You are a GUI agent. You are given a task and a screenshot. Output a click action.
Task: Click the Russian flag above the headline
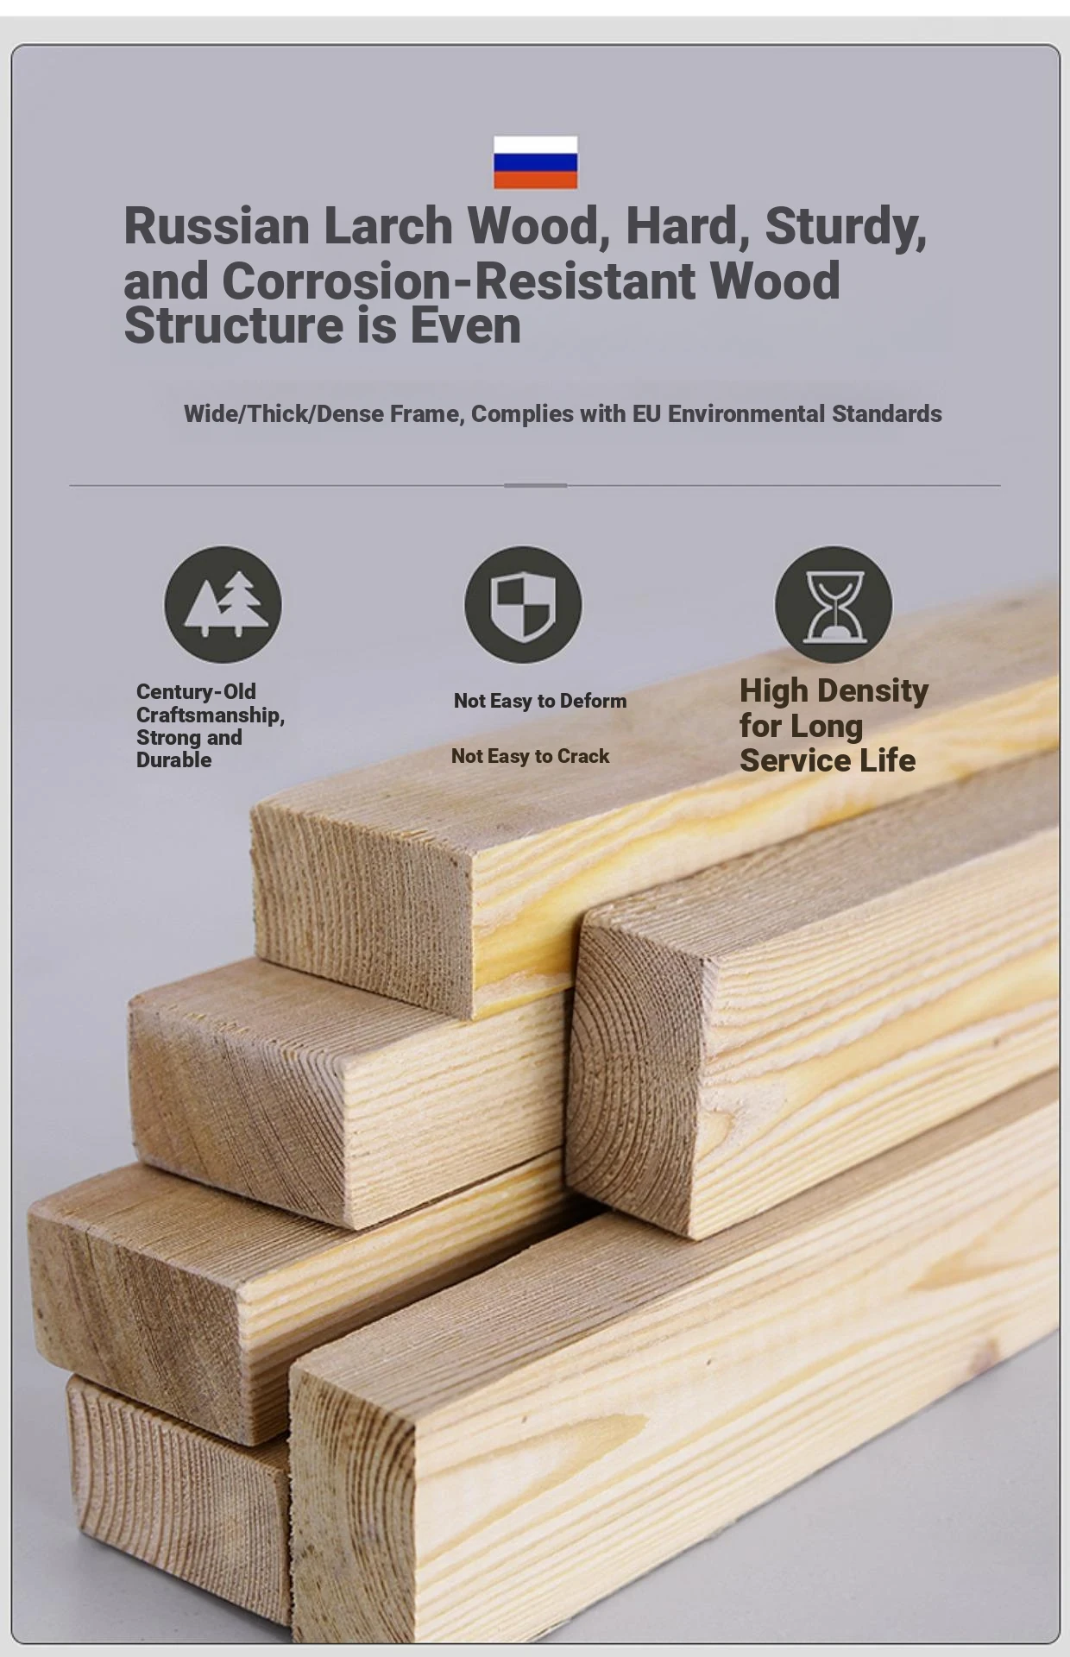pos(535,162)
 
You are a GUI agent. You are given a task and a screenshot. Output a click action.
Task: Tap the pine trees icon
pos(223,604)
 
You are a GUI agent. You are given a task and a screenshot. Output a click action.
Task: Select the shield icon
pos(523,604)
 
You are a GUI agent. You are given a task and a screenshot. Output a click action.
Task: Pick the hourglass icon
pos(834,604)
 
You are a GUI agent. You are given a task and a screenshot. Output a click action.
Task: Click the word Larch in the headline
pos(388,226)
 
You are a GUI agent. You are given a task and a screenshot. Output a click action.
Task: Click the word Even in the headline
pos(465,326)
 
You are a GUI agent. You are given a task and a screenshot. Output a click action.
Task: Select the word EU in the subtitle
pos(647,414)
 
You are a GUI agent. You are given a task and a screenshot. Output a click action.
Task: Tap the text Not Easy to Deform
pos(540,701)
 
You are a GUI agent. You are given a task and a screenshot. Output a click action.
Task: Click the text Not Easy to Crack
pos(531,756)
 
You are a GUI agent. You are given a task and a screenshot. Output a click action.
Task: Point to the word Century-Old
pos(196,691)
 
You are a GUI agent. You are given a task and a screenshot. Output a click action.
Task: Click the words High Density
pos(834,690)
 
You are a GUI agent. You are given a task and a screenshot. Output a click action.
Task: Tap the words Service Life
pos(828,760)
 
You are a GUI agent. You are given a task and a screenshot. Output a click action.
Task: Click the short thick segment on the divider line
pos(535,486)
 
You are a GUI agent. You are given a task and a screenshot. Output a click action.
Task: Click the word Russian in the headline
pos(217,226)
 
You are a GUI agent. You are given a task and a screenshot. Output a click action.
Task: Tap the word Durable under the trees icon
pos(173,760)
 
